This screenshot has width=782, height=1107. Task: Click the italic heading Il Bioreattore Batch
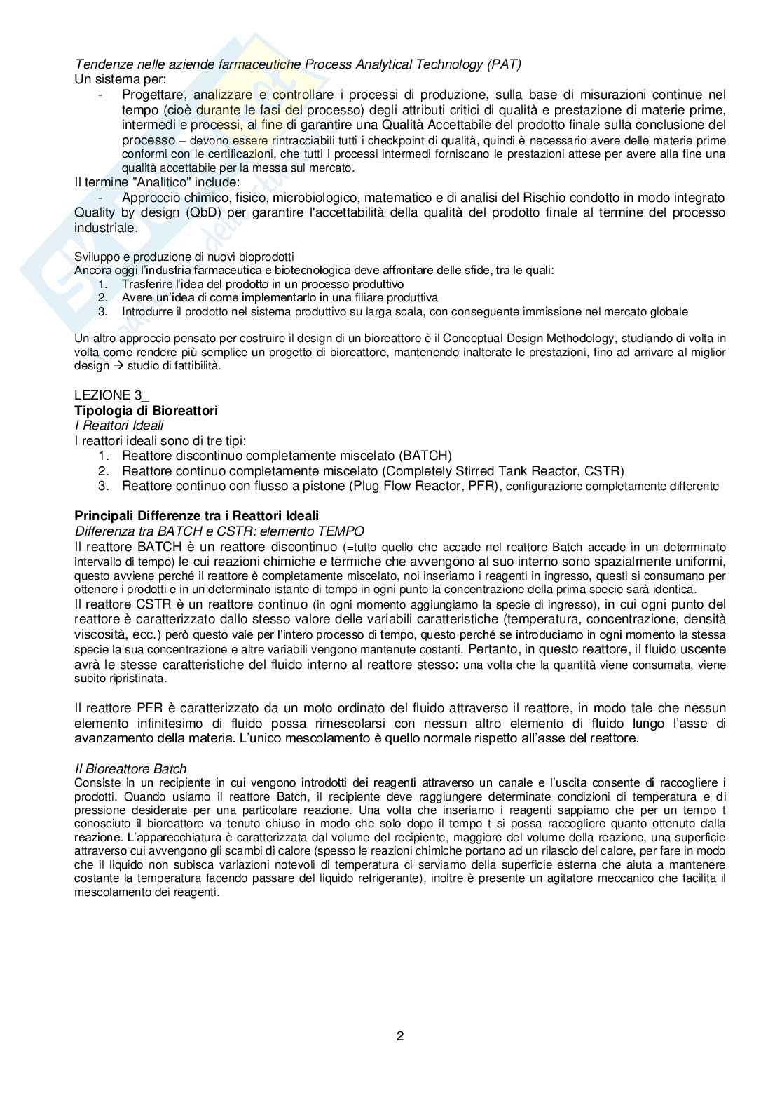130,769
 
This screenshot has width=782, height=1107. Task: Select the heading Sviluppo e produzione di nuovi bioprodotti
184,257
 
